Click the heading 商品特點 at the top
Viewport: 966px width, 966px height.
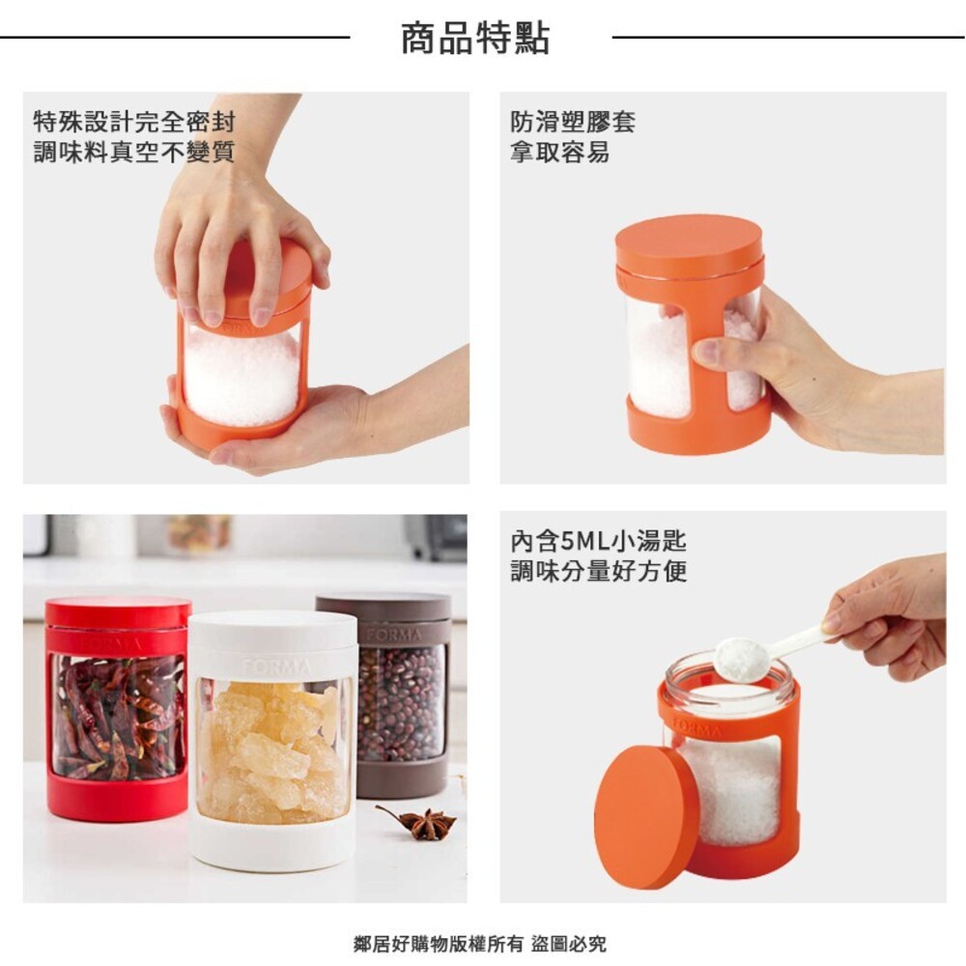click(475, 39)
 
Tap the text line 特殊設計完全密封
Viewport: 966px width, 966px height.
click(134, 123)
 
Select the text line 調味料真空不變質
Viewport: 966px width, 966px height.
click(134, 153)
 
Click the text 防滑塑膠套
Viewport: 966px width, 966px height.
click(573, 123)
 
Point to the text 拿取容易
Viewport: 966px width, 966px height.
click(560, 153)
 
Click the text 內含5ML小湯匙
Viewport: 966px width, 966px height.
click(598, 541)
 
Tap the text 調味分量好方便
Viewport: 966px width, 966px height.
click(599, 571)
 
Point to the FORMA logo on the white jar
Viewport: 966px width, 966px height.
click(276, 667)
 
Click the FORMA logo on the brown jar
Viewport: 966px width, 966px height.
click(393, 635)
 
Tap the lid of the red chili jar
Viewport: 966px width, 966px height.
click(118, 611)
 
